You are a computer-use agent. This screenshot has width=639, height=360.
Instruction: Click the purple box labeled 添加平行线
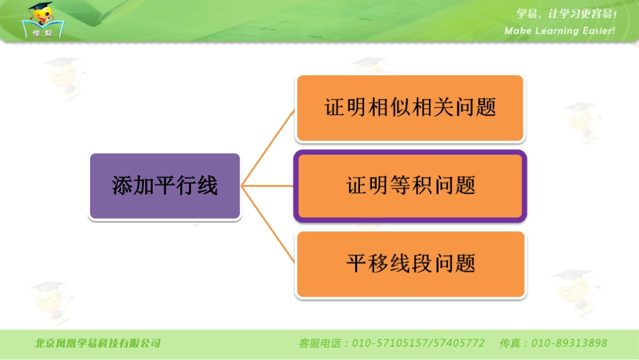(165, 186)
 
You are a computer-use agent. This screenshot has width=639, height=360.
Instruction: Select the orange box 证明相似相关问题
(410, 108)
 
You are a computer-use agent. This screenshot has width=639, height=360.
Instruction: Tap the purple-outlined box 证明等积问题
(410, 186)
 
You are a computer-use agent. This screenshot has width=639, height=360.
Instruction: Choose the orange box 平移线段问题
(410, 264)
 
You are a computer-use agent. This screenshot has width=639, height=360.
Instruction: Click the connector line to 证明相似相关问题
(269, 145)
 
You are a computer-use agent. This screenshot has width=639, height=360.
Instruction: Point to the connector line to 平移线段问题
(269, 226)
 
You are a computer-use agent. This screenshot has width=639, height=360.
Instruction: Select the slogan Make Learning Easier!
(560, 31)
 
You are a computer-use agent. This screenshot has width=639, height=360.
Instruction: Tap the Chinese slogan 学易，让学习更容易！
(566, 14)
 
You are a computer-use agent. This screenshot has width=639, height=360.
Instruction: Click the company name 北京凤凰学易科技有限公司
(98, 343)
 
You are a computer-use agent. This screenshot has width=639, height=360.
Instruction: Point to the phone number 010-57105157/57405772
(418, 343)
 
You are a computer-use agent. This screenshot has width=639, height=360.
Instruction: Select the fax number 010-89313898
(569, 343)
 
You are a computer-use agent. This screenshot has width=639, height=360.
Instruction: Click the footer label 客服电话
(320, 343)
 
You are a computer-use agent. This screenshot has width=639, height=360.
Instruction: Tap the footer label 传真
(509, 343)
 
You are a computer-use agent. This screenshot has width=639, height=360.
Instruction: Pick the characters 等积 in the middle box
(410, 186)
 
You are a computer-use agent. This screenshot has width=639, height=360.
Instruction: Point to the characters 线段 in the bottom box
(410, 264)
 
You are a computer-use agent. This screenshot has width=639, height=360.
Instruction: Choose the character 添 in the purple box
(122, 186)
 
